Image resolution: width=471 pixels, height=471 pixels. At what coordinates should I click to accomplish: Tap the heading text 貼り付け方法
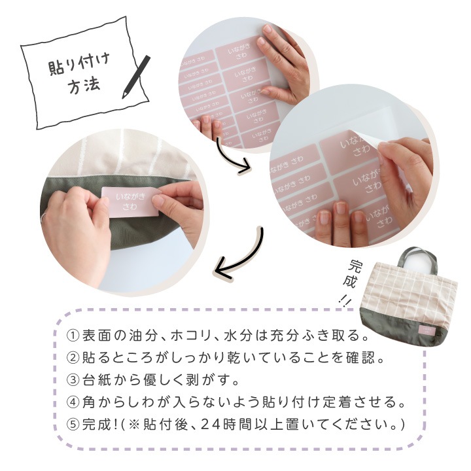[x=78, y=76]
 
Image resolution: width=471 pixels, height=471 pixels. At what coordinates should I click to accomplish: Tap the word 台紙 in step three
[x=97, y=380]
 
